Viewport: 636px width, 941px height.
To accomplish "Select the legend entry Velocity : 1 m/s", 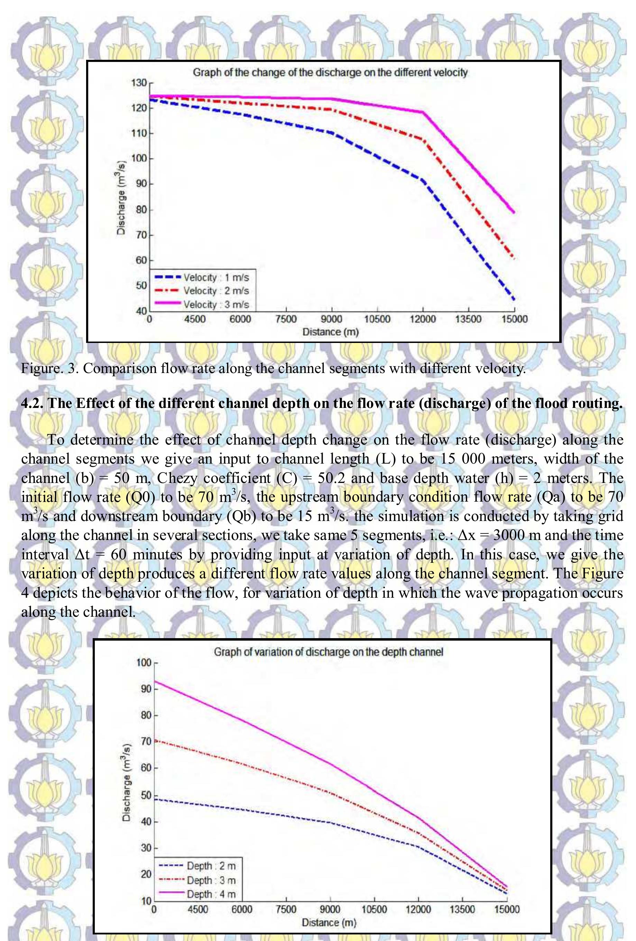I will click(x=216, y=278).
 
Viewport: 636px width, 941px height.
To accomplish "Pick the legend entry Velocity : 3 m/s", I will click(x=216, y=305).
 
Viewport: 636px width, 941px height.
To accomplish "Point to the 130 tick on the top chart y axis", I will click(x=139, y=83).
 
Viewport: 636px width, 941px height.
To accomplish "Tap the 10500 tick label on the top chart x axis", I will click(x=377, y=319).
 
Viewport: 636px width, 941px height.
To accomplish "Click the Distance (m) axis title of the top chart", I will click(x=331, y=332).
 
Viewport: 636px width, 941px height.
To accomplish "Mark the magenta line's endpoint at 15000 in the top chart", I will click(x=514, y=212).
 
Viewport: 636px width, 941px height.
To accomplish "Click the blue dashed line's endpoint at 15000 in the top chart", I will click(x=514, y=299).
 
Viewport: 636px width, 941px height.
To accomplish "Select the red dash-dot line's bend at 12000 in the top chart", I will click(x=423, y=139).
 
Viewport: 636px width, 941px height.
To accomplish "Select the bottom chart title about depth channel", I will click(x=328, y=652).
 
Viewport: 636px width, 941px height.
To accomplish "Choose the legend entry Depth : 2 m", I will click(x=211, y=866).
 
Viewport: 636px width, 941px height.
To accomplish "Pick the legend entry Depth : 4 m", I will click(x=211, y=894).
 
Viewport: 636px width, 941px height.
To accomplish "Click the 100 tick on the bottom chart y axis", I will click(x=144, y=663).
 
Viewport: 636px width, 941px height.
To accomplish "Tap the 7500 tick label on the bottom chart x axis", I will click(x=286, y=910).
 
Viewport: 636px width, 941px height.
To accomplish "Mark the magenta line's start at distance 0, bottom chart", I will click(x=154, y=681).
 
